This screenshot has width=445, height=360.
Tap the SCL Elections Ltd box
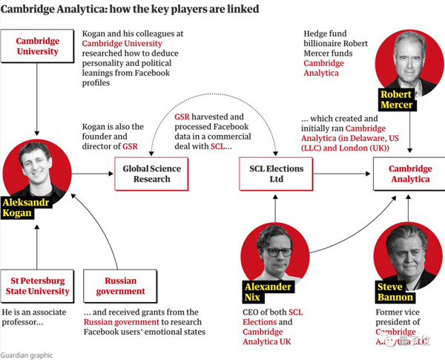(x=274, y=174)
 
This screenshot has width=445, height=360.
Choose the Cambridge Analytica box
(x=410, y=174)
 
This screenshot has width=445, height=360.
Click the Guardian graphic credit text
(x=27, y=354)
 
